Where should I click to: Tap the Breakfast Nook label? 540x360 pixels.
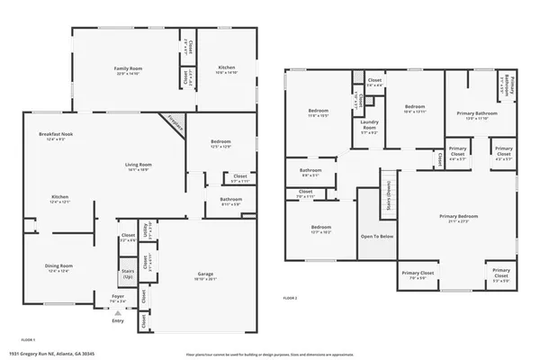[56, 134]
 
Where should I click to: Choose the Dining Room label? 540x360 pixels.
[59, 265]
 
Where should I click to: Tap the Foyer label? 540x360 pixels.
[118, 296]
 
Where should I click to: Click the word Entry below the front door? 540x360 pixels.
[118, 320]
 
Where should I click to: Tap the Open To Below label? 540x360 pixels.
[376, 237]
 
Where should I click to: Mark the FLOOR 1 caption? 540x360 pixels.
[28, 339]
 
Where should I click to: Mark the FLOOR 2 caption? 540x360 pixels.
[290, 297]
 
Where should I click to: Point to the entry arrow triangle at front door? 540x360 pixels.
[117, 311]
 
